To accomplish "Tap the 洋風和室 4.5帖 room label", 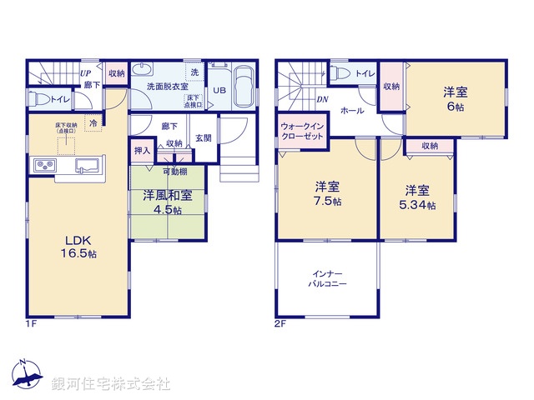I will click(167, 202).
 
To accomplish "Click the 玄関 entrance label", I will click(203, 138).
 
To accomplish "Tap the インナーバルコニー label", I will click(326, 278).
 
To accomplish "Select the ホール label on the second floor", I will click(351, 110).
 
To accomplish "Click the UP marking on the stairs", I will click(85, 72).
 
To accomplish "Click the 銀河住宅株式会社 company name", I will click(110, 384).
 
